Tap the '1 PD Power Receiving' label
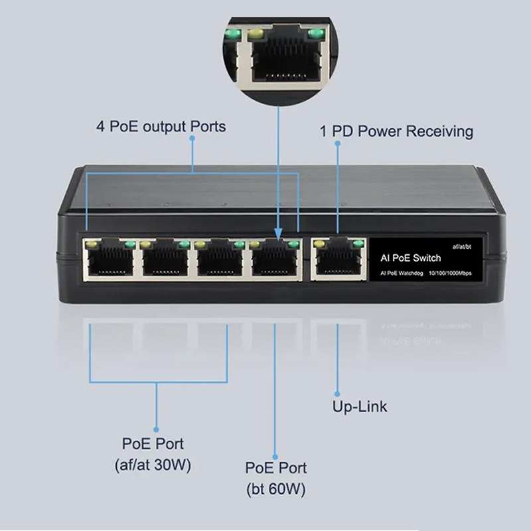[397, 131]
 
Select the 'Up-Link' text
[359, 406]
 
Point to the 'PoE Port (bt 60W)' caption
[275, 479]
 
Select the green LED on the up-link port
[358, 244]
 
